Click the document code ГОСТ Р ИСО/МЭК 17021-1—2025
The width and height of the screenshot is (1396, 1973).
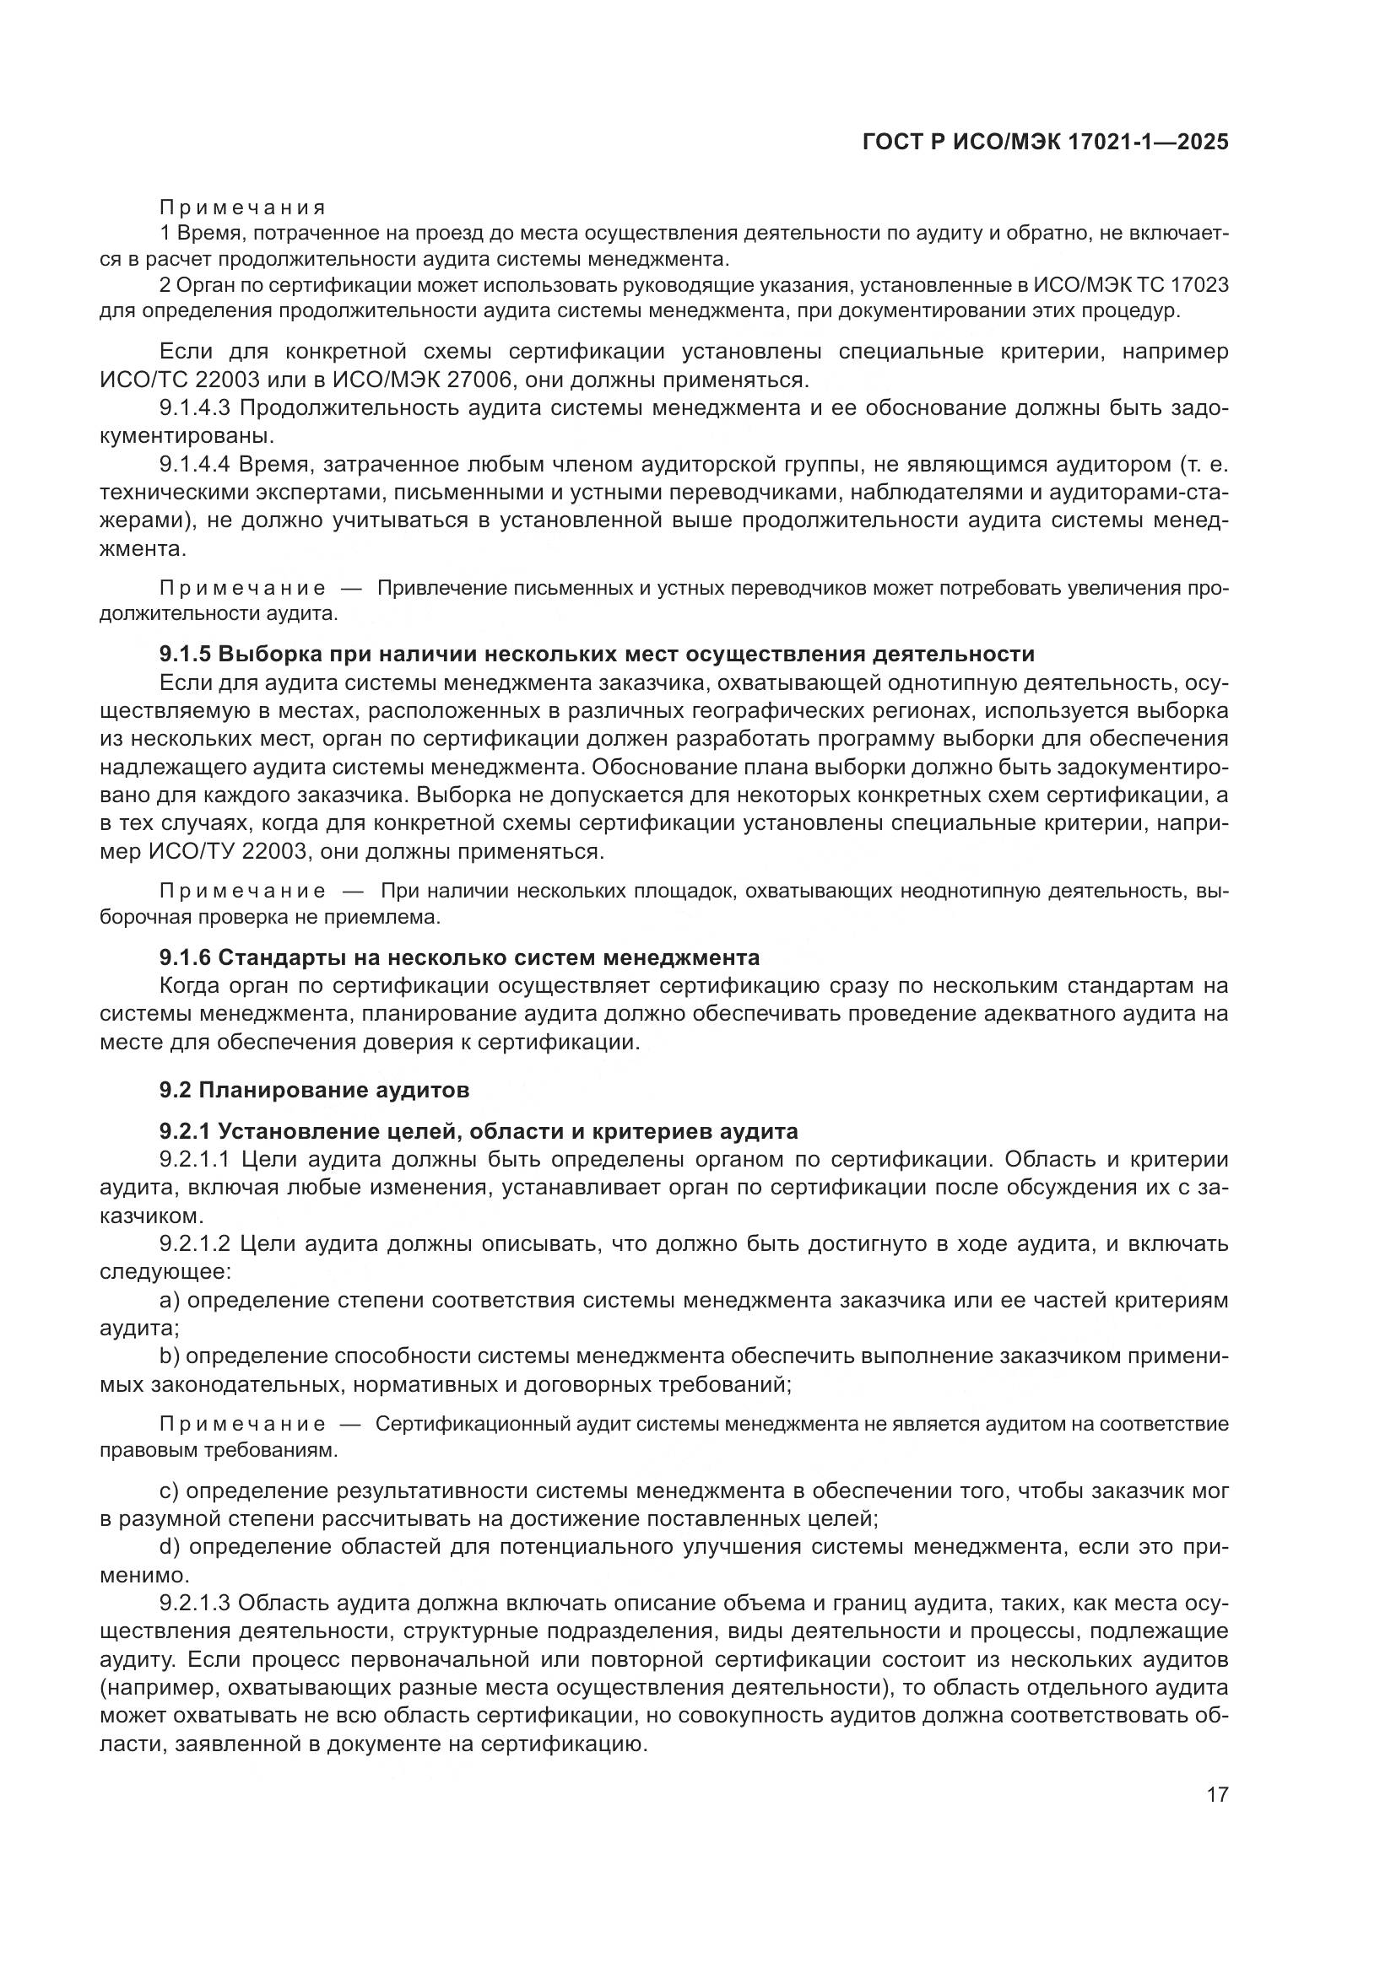click(1044, 143)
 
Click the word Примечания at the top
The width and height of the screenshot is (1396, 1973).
click(242, 208)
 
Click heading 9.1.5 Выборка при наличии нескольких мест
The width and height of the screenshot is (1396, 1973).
click(597, 654)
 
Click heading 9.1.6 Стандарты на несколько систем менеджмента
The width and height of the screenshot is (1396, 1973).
click(459, 957)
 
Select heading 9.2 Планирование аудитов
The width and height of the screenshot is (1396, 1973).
click(315, 1091)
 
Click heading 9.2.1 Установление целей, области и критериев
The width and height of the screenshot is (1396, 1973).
click(478, 1131)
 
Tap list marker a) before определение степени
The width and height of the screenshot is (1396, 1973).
click(170, 1301)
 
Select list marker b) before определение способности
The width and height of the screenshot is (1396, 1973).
click(170, 1357)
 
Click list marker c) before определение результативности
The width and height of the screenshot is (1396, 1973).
click(169, 1491)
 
